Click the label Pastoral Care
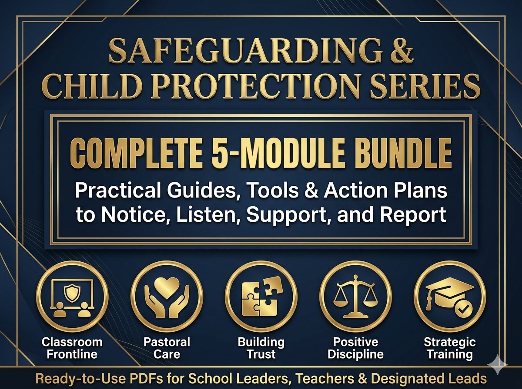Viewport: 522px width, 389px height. [167, 348]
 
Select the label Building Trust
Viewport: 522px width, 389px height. [261, 348]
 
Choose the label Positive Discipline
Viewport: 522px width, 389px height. [355, 348]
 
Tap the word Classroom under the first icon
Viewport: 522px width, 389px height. [72, 342]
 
